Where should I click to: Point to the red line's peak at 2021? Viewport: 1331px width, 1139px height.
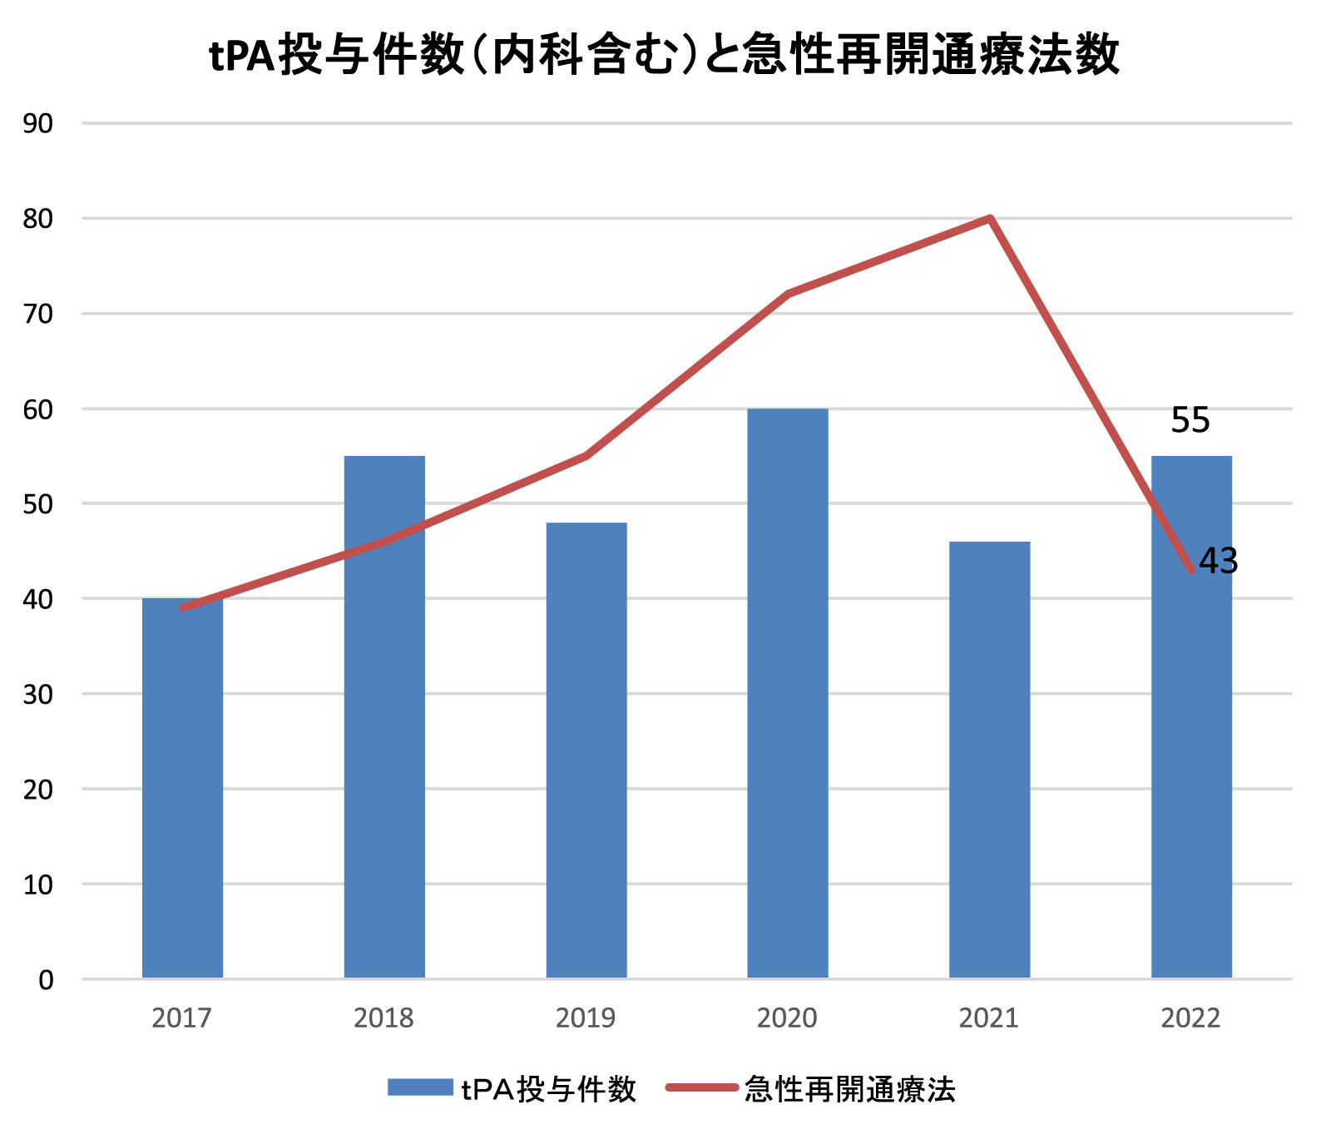(x=990, y=219)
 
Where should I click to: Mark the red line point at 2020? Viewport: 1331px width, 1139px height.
(x=788, y=294)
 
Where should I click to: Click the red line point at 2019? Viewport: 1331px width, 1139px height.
(x=586, y=456)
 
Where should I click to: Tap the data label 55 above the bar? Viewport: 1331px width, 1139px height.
(x=1190, y=420)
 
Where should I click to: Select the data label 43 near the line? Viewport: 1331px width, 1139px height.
(x=1219, y=562)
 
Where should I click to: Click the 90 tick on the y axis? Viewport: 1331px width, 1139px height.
(x=38, y=124)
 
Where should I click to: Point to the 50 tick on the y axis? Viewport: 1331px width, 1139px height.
(x=38, y=504)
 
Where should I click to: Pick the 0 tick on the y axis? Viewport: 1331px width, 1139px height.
(x=46, y=980)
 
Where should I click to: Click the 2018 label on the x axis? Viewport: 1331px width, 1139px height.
(x=383, y=1018)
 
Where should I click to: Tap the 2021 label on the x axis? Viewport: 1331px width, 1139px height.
(x=988, y=1018)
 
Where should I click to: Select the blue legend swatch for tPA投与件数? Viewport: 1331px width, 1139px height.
(x=420, y=1087)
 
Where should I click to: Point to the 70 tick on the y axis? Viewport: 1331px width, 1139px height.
(x=38, y=314)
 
